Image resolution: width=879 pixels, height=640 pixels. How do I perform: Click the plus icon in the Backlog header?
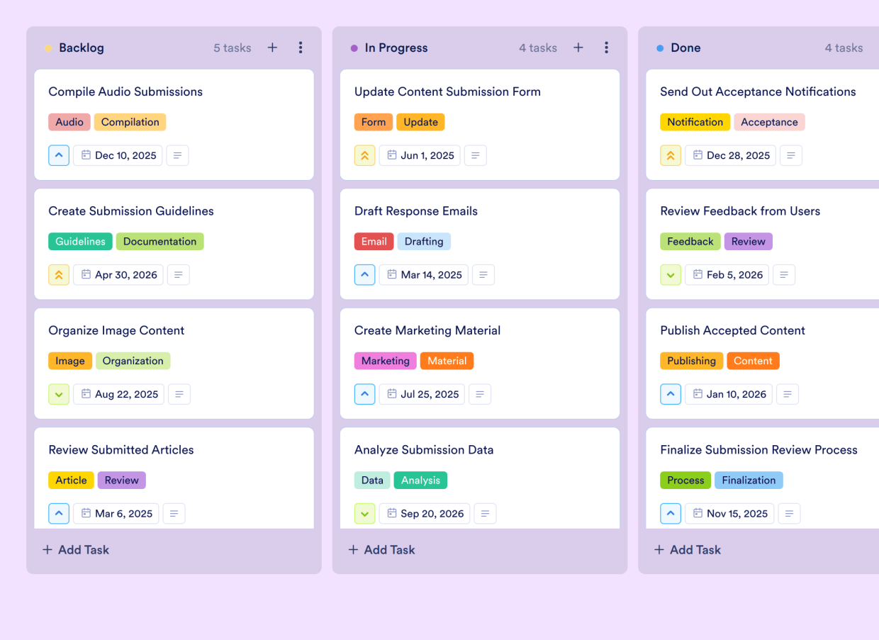point(272,47)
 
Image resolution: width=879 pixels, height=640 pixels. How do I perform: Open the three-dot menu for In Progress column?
point(606,47)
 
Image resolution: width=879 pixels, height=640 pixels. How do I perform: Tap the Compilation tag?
point(130,122)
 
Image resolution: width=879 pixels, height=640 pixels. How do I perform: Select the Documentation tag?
point(159,241)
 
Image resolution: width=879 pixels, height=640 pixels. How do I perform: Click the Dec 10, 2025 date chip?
point(118,155)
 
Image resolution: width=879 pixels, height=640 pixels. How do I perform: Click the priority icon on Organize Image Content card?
point(59,394)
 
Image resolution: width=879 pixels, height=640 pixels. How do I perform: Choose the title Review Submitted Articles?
point(121,449)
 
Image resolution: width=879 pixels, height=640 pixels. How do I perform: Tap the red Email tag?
point(374,241)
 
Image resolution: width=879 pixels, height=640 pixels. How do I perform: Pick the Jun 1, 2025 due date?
point(420,155)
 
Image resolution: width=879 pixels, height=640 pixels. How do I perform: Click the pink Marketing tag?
point(385,361)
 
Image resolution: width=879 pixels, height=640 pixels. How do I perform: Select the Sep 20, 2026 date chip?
point(424,513)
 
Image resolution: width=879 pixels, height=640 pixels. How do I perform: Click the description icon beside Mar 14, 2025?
point(483,275)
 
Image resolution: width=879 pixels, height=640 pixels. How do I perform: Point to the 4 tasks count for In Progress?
point(537,47)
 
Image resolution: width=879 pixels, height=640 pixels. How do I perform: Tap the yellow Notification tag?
point(695,122)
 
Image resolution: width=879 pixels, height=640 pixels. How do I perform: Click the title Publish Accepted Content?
point(732,330)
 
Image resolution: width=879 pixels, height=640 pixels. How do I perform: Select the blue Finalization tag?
point(749,480)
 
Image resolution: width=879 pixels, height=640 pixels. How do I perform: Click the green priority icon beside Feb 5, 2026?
point(671,275)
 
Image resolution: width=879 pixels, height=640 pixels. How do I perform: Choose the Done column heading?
point(685,47)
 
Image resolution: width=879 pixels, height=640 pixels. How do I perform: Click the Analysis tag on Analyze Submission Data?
point(420,480)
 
